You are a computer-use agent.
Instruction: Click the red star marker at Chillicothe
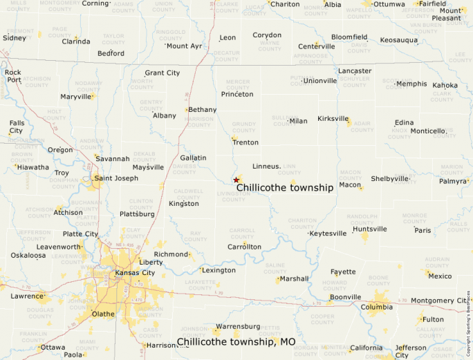(236, 180)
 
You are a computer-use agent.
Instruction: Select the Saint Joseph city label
(115, 178)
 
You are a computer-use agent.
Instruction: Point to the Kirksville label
(333, 119)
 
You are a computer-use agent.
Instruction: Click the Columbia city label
(376, 307)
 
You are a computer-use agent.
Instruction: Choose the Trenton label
(245, 142)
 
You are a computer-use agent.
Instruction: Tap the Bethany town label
(203, 110)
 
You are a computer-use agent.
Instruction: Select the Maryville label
(76, 97)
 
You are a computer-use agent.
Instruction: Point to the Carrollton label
(245, 247)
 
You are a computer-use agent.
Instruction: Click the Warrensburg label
(238, 326)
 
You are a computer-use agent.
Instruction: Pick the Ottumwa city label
(389, 4)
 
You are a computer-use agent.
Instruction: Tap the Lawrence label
(27, 296)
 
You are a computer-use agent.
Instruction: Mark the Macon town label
(350, 185)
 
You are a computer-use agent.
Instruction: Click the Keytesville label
(328, 234)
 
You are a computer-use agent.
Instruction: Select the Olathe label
(103, 314)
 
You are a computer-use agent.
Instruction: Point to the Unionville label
(319, 81)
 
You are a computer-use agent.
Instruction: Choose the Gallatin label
(193, 158)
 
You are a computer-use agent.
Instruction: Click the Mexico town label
(440, 276)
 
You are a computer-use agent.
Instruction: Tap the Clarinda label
(76, 41)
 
